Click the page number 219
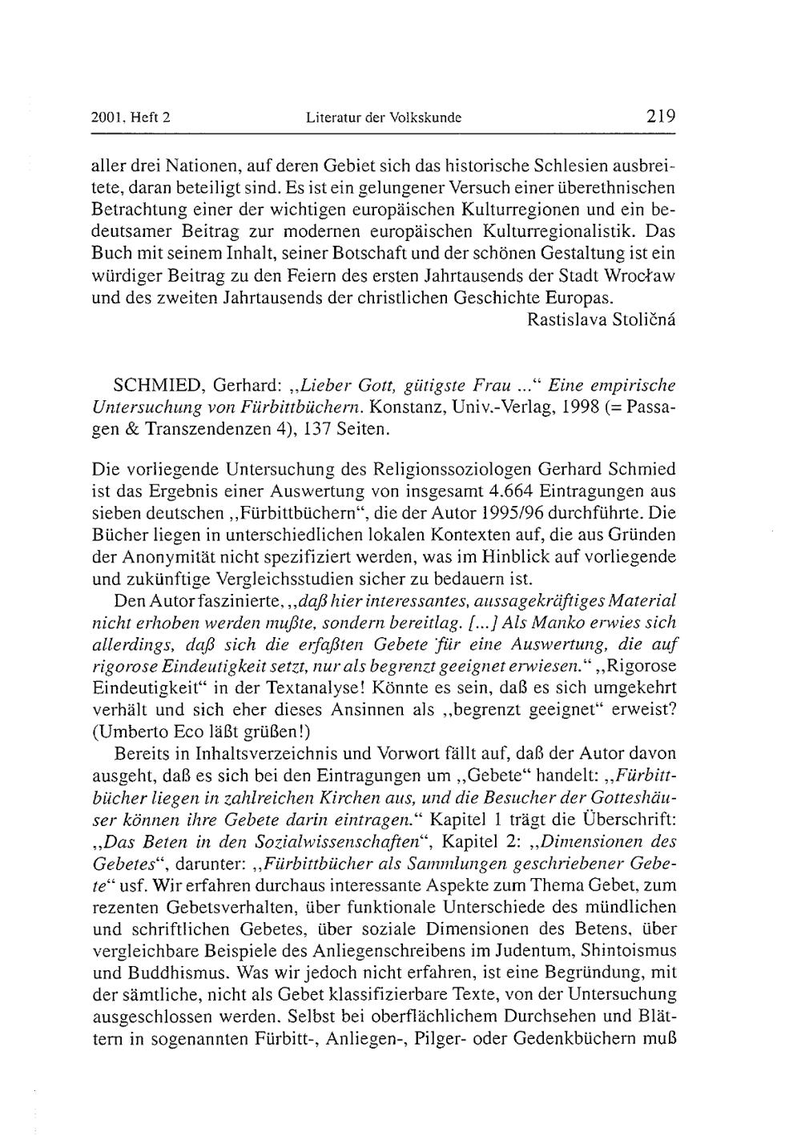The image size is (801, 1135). pyautogui.click(x=661, y=116)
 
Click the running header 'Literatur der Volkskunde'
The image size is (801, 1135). pyautogui.click(x=384, y=118)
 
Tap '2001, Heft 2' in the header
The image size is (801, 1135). pyautogui.click(x=132, y=118)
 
